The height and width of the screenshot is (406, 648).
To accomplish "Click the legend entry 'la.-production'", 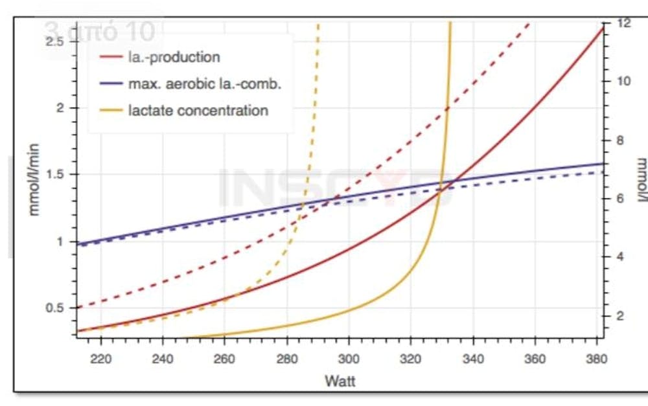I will click(x=174, y=57).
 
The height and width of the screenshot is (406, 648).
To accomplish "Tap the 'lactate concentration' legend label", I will click(x=198, y=110).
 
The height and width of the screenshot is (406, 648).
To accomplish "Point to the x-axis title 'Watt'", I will click(x=340, y=381).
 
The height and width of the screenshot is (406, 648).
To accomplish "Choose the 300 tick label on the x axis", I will click(x=349, y=358).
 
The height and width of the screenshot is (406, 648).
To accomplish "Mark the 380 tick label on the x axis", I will click(x=597, y=358).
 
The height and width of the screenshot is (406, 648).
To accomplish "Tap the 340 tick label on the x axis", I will click(x=473, y=358).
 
